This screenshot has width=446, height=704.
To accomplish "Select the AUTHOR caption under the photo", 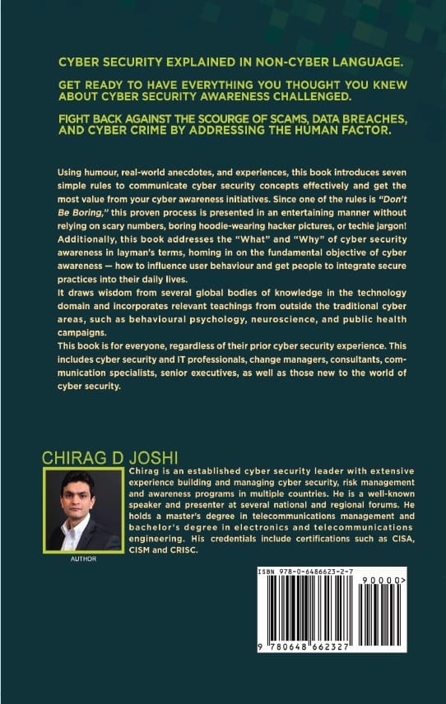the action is click(84, 558).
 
